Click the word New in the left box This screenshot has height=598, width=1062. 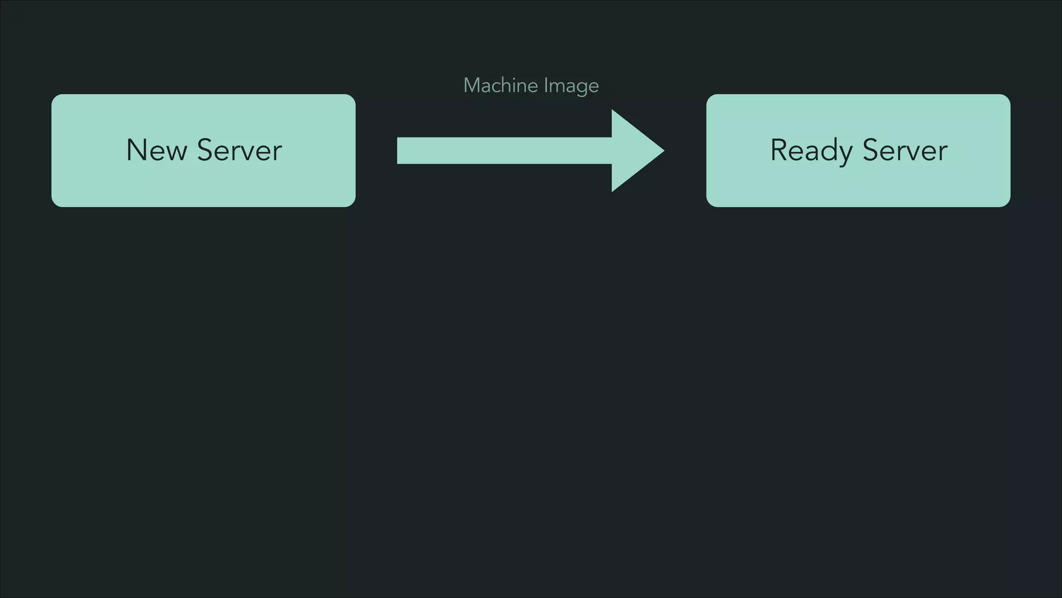tap(156, 151)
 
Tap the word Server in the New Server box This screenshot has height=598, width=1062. tap(239, 151)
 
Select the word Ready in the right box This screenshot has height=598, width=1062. tap(811, 151)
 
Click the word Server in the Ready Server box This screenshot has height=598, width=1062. tap(905, 151)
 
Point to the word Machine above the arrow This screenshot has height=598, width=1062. tap(500, 86)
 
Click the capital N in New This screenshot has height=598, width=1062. tap(136, 150)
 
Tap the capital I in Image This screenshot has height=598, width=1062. tap(546, 86)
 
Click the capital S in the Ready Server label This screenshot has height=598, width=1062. tap(871, 150)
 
